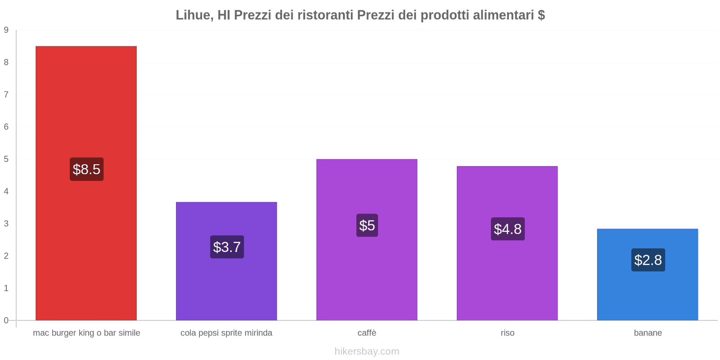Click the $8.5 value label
pos(86,169)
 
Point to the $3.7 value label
pos(227,247)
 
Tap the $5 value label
pos(367,225)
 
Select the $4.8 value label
pos(508,229)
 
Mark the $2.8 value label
pos(648,260)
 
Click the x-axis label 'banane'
pos(648,333)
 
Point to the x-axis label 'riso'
pos(508,333)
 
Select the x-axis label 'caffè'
pos(367,333)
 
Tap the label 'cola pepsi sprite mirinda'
pos(226,333)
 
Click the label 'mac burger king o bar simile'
pos(86,333)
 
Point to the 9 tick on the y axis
pos(6,30)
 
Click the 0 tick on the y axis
pos(6,320)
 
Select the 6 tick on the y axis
pos(6,127)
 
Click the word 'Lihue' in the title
pos(193,15)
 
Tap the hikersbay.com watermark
pos(367,351)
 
